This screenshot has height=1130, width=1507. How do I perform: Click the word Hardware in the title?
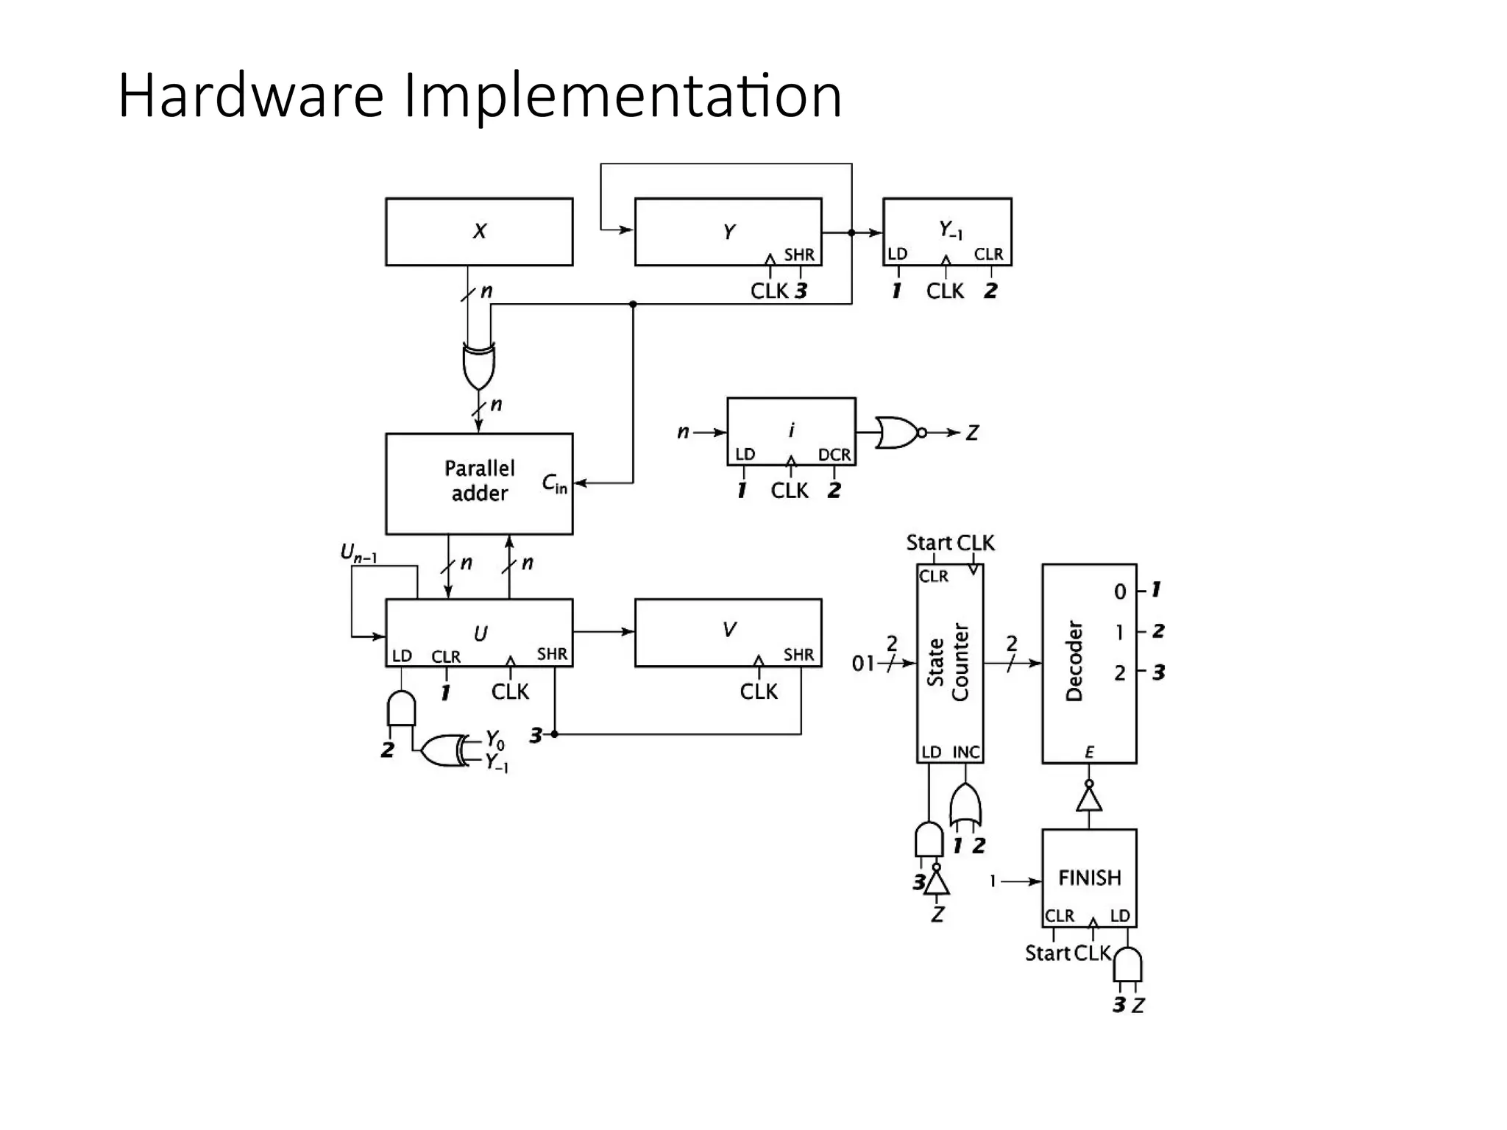click(250, 96)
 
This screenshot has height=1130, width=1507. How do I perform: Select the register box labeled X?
click(479, 232)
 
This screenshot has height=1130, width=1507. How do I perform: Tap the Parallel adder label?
click(479, 480)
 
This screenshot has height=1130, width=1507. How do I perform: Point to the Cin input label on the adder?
click(554, 483)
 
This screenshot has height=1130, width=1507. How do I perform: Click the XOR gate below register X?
click(478, 366)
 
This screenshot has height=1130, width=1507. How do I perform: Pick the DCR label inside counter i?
click(834, 455)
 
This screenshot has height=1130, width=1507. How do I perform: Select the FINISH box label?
click(1089, 878)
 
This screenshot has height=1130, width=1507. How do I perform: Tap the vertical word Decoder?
click(1074, 661)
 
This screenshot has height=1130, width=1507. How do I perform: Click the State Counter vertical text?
click(948, 662)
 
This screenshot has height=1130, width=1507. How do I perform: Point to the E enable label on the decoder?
click(1089, 752)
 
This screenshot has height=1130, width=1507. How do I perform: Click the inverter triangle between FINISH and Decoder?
click(1089, 798)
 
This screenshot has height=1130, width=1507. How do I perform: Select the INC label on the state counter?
click(966, 752)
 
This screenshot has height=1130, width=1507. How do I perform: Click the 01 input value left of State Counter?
click(863, 664)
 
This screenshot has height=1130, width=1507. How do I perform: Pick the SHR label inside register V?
click(798, 654)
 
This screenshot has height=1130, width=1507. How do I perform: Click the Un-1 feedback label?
click(358, 552)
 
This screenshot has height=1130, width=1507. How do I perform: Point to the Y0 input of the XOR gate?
click(495, 739)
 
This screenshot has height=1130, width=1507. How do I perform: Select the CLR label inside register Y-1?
click(988, 254)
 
